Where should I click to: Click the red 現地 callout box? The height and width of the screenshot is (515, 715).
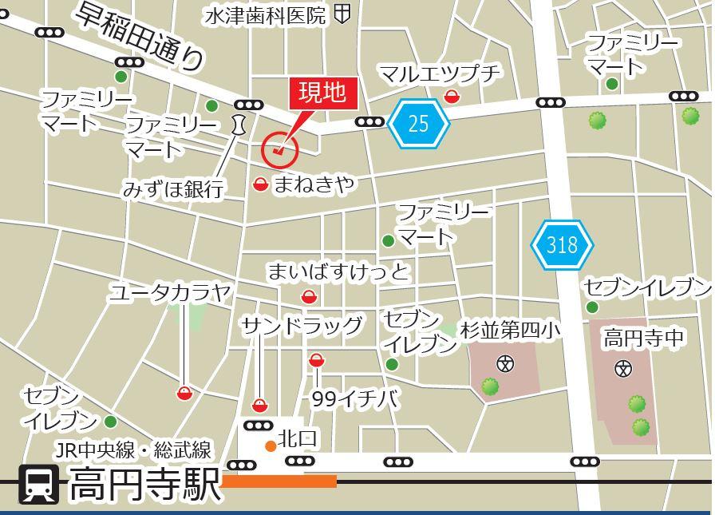[x=322, y=93]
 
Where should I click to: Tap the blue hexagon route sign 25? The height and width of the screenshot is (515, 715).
[x=419, y=123]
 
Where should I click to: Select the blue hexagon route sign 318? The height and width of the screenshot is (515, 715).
[x=562, y=244]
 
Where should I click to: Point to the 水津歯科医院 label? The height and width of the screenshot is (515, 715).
[x=266, y=15]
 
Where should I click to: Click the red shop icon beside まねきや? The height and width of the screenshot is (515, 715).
[x=261, y=185]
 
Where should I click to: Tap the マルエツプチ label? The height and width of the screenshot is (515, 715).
[x=440, y=74]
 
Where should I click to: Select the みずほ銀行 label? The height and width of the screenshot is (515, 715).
[x=172, y=189]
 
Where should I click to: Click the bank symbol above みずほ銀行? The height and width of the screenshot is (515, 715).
[x=237, y=124]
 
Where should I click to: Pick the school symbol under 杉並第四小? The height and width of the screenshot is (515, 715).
[x=505, y=364]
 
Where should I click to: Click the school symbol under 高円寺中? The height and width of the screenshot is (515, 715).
[x=624, y=368]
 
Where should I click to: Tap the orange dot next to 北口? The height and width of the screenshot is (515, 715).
[x=271, y=446]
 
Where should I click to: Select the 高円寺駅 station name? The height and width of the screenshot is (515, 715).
[x=144, y=484]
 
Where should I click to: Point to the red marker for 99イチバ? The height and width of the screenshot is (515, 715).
[x=317, y=361]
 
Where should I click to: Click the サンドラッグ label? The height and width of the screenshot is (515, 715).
[x=302, y=326]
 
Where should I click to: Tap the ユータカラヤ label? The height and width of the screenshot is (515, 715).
[x=171, y=293]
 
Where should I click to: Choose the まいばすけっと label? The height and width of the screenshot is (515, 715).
[x=338, y=272]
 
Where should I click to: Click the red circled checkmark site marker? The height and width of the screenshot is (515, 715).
[x=279, y=149]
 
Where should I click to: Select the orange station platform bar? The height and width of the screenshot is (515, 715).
[x=278, y=481]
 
